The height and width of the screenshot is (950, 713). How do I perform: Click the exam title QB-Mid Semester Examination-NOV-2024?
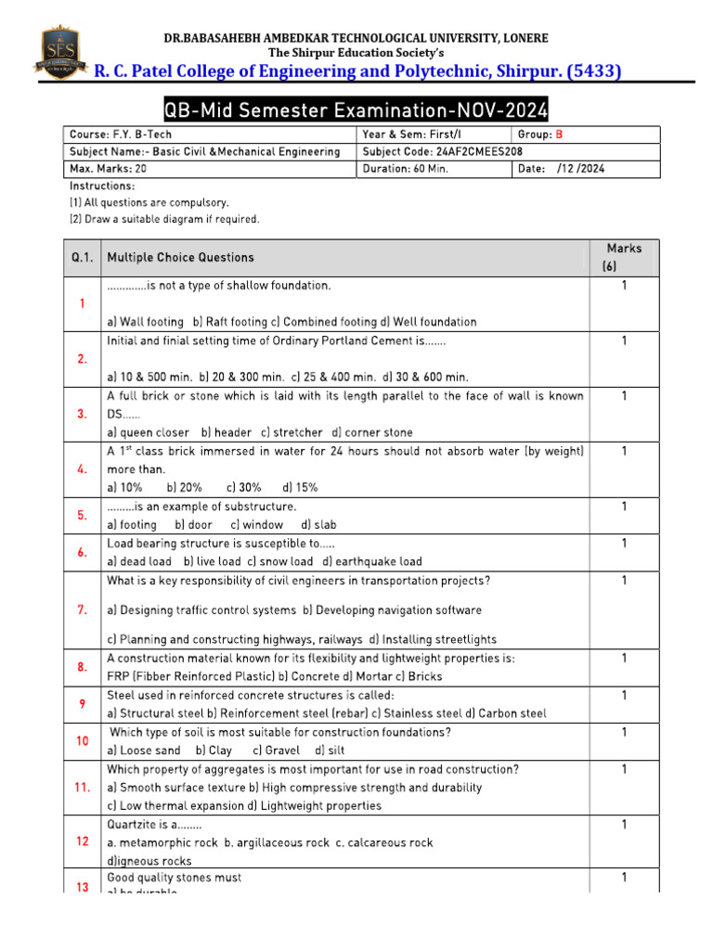coord(356,111)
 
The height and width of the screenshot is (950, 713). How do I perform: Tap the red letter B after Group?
coord(560,135)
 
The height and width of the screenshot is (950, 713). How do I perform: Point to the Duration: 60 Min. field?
coord(404,169)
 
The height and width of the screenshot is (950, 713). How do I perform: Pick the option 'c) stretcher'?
coord(292,432)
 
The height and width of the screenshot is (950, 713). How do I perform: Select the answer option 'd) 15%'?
coord(301,487)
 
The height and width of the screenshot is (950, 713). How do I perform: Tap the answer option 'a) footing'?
coord(132,524)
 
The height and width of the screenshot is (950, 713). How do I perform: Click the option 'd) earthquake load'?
coord(372,561)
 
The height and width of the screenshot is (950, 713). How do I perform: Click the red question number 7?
coord(82,610)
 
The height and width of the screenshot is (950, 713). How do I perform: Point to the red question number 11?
coord(82,787)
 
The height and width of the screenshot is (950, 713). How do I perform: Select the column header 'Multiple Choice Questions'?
coord(180,257)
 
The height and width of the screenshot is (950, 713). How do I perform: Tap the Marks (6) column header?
coord(624,257)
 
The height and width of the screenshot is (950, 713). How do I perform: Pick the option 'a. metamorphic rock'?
coord(162,842)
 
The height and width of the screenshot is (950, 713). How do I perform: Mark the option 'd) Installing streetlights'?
coord(433,639)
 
